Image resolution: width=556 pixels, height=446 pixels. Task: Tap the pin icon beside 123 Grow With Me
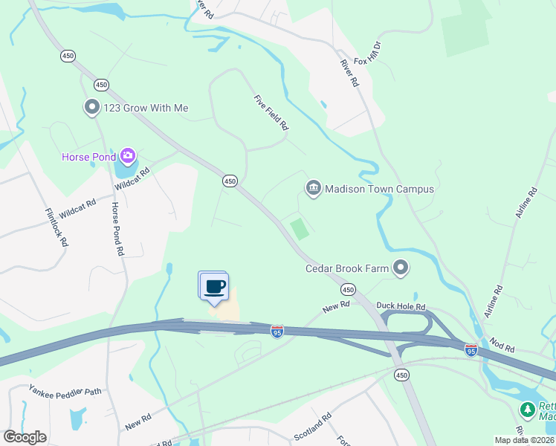[x=92, y=108]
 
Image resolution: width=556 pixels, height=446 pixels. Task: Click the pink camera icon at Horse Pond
[x=128, y=156]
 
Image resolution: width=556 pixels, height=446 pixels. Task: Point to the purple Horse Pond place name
[x=88, y=157]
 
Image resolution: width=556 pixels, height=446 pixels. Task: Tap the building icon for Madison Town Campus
[x=313, y=189]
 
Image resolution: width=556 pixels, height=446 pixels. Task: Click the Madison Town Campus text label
[x=379, y=189]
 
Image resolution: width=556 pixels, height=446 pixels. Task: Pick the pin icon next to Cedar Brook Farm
[x=401, y=268]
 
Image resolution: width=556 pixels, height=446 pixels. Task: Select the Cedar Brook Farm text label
[x=347, y=268]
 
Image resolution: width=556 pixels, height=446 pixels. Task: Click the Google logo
[x=25, y=437]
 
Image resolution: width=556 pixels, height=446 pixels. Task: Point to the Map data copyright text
[x=524, y=440]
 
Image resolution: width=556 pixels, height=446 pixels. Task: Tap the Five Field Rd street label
[x=271, y=113]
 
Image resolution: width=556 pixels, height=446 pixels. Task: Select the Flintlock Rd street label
[x=56, y=226]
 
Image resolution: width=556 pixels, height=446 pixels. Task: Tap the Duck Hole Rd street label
[x=401, y=306]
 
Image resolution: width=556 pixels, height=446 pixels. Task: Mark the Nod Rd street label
[x=502, y=344]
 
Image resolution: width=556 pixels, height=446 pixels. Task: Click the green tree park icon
[x=528, y=410]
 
